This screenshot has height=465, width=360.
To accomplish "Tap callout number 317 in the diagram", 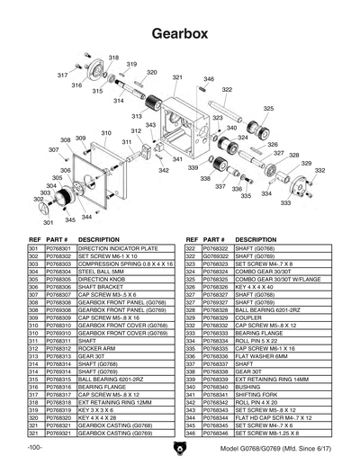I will click(62, 75).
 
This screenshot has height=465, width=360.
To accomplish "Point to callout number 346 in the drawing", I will click(208, 80).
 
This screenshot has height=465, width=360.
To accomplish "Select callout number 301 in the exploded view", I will click(47, 221).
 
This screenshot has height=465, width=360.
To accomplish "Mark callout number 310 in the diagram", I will click(106, 133).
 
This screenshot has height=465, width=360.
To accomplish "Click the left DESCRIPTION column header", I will click(99, 239).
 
